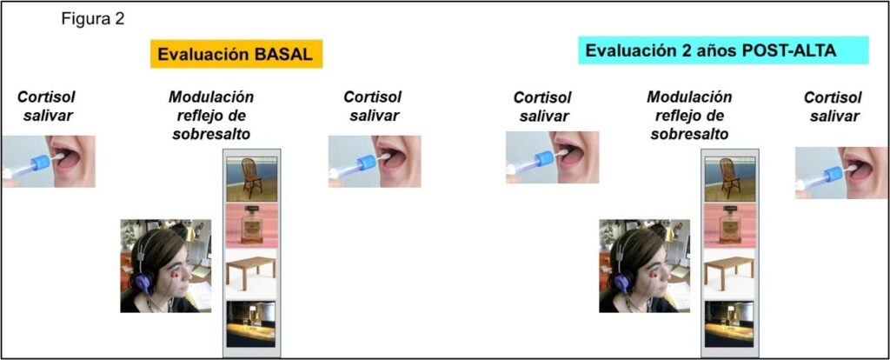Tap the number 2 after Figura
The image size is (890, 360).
pyautogui.click(x=120, y=19)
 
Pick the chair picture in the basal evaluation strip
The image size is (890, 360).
pyautogui.click(x=252, y=179)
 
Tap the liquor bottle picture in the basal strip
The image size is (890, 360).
pyautogui.click(x=252, y=226)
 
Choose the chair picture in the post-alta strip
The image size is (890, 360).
pyautogui.click(x=729, y=179)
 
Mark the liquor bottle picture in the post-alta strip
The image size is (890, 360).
pyautogui.click(x=729, y=226)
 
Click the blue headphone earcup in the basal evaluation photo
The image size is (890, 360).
pyautogui.click(x=143, y=281)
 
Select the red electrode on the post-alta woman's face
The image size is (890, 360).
pyautogui.click(x=654, y=276)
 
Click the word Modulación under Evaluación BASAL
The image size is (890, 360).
pyautogui.click(x=211, y=97)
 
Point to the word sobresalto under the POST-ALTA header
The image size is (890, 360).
pyautogui.click(x=689, y=135)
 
